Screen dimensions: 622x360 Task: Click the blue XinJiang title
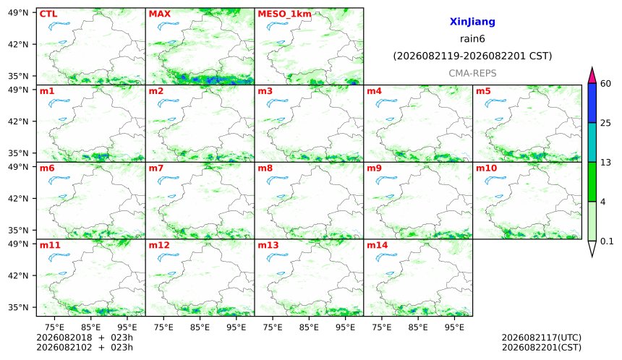coord(472,22)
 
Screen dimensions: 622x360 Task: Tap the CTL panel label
coord(48,14)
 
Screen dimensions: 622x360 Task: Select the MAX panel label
coord(159,14)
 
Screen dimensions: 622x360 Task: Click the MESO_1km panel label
coord(284,14)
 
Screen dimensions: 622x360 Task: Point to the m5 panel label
coord(483,91)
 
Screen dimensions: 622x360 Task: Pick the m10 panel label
coord(486,168)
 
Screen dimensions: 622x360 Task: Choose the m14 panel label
coord(378,245)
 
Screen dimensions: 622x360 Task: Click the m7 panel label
coord(156,168)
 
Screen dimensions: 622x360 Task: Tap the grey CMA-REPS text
coord(472,73)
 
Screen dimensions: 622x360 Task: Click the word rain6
coord(472,39)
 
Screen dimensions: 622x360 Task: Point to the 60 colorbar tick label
coord(605,84)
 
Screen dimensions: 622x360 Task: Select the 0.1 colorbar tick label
coord(607,241)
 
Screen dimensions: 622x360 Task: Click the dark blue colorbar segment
coord(592,103)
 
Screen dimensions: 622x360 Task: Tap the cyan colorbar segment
coord(592,142)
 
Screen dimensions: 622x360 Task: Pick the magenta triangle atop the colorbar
coord(592,77)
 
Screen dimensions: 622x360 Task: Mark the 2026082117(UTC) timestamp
coord(542,338)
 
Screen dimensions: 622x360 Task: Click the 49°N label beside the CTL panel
coord(18,13)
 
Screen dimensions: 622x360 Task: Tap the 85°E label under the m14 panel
coord(418,327)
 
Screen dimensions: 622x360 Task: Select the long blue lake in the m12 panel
coord(169,257)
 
